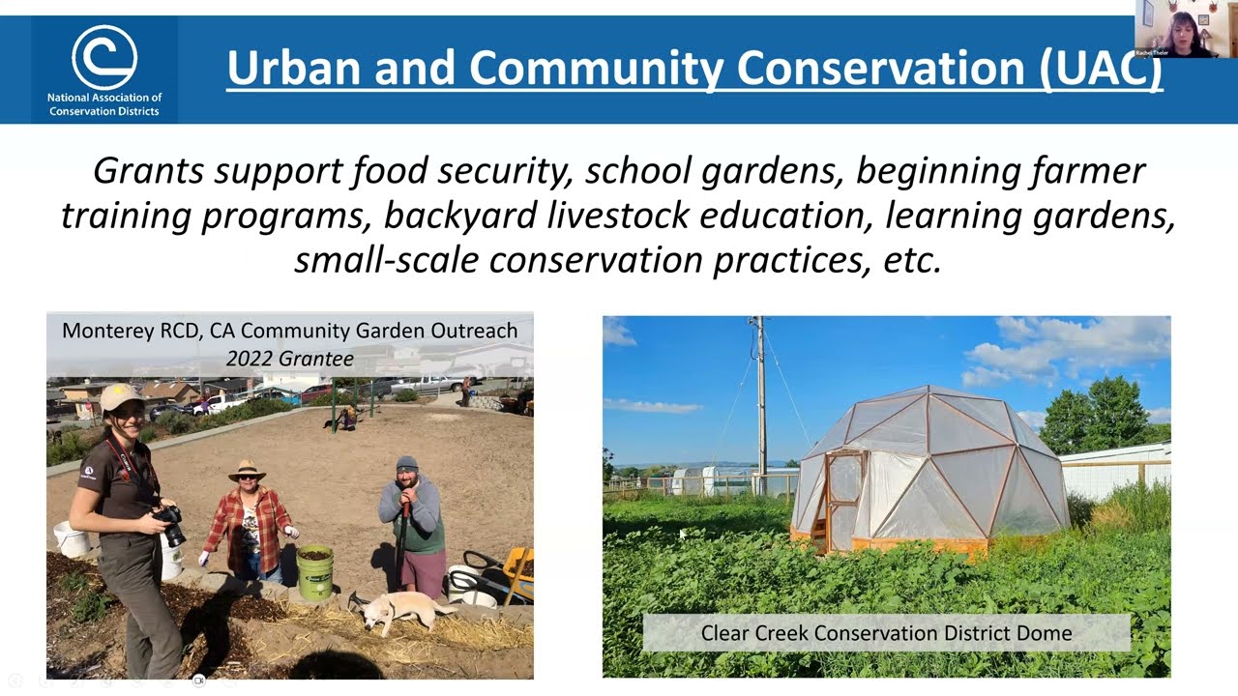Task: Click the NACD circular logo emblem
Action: point(104,57)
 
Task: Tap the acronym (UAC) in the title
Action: point(1102,68)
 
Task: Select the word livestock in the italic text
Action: point(620,216)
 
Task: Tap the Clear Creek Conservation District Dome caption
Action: point(886,633)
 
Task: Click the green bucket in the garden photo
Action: point(314,571)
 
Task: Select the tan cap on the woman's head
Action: point(120,395)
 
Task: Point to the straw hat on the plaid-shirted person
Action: point(247,470)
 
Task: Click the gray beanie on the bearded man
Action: point(407,463)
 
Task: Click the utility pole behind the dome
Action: point(761,396)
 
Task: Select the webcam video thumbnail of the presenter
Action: point(1186,29)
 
